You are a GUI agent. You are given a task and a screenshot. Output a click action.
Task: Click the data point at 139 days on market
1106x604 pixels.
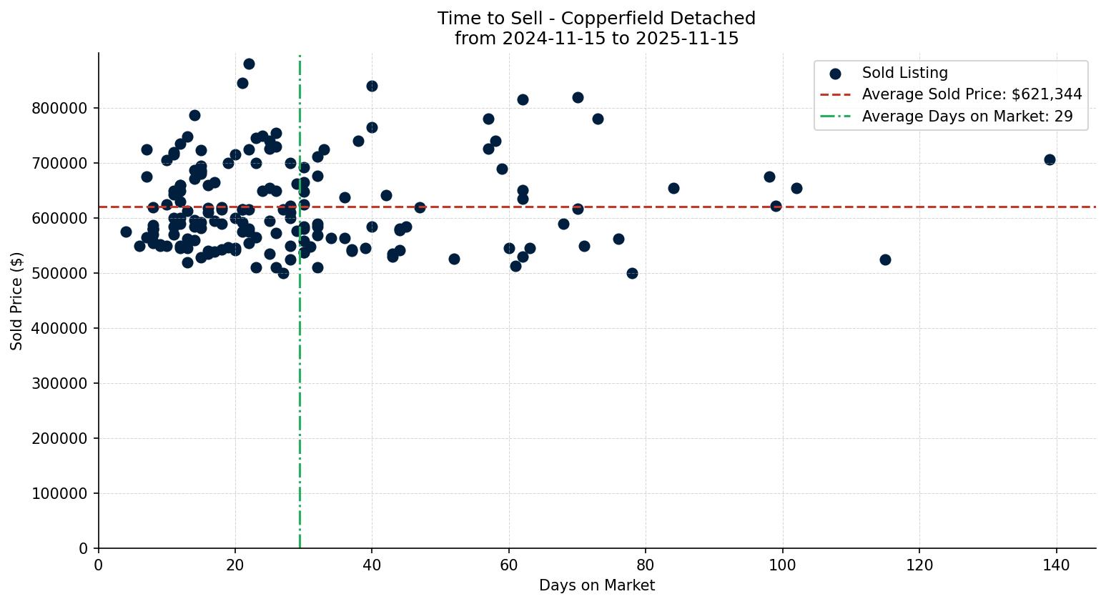(x=1050, y=159)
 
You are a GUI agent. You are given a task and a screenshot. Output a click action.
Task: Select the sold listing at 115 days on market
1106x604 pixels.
(x=885, y=259)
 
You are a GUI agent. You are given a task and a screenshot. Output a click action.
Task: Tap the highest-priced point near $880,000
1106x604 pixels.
(x=249, y=64)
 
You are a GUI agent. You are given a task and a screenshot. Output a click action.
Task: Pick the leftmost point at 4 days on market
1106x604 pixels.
(x=126, y=232)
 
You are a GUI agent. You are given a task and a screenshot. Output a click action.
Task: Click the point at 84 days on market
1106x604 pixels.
(x=673, y=188)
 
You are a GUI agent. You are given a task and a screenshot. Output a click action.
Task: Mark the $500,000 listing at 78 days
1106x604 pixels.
(x=632, y=273)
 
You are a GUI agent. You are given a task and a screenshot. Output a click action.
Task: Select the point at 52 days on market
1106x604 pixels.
(x=454, y=259)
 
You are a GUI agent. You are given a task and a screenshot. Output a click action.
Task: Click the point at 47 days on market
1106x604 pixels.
(x=420, y=207)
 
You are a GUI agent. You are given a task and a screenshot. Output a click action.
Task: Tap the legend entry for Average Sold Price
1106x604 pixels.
(x=972, y=94)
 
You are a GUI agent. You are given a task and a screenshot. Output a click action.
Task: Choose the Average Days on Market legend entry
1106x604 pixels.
(x=967, y=117)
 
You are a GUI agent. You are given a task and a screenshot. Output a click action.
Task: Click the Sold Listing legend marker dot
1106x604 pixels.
(x=835, y=73)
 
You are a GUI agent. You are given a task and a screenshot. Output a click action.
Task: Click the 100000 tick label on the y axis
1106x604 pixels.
(x=62, y=493)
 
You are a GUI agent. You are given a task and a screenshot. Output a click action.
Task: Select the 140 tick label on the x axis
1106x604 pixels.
(x=1056, y=565)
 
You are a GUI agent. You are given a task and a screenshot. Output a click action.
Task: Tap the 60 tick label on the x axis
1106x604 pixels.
(x=508, y=565)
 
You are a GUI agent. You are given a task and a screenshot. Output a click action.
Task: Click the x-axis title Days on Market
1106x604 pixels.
(x=596, y=585)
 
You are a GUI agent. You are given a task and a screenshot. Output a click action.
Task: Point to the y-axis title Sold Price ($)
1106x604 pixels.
(x=16, y=300)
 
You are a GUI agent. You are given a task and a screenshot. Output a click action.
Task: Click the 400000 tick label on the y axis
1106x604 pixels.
(x=62, y=328)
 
